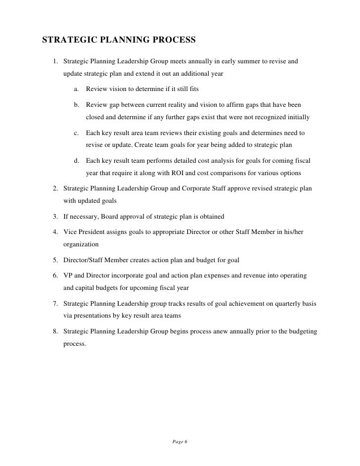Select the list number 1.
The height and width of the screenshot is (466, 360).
55,61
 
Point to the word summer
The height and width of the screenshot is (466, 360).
239,61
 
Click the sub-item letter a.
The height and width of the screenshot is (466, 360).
77,90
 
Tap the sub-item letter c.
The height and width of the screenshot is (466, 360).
77,133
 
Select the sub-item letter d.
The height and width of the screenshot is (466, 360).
77,161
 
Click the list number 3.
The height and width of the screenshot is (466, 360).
55,217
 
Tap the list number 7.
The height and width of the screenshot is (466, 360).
55,304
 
